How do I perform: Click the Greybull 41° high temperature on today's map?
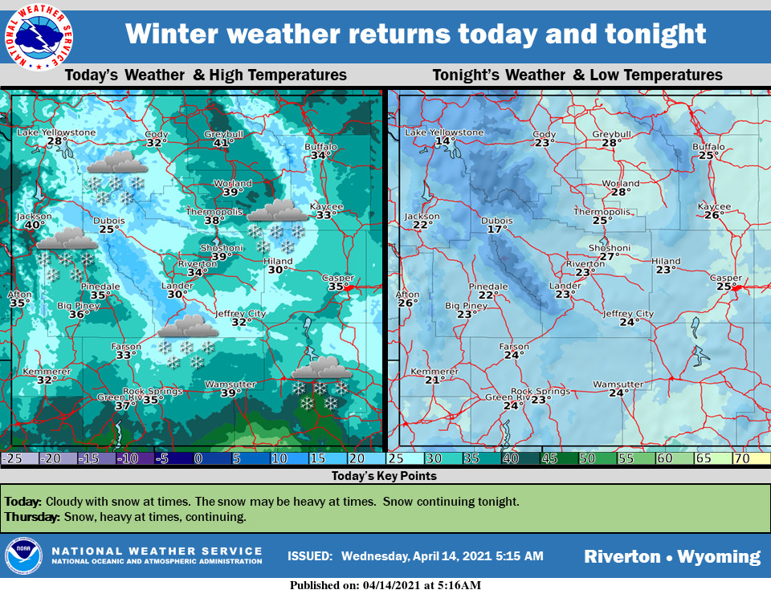point(223,143)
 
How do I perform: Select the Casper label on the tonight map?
point(726,278)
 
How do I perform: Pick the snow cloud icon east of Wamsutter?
point(321,370)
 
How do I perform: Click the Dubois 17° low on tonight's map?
point(496,230)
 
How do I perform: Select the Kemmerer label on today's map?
point(42,372)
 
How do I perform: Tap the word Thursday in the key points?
point(31,517)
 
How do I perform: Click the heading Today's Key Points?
point(384,476)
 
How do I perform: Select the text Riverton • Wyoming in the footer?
point(671,556)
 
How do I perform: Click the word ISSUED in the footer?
point(309,555)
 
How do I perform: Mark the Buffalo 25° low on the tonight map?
point(708,156)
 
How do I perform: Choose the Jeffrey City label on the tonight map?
point(628,314)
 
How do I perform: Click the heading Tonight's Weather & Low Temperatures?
point(577,75)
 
